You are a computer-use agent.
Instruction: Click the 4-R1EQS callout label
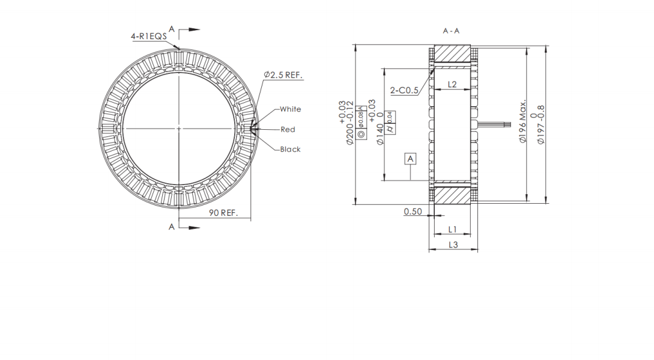pos(149,36)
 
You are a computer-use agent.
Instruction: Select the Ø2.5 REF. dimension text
pos(283,75)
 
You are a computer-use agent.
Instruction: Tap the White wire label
pos(290,109)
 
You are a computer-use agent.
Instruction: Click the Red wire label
pos(288,129)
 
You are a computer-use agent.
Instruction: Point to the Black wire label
pos(290,149)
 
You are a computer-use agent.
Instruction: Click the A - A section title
pos(451,31)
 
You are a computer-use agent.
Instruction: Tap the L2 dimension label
pos(452,85)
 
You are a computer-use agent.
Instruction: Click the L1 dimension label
pos(452,229)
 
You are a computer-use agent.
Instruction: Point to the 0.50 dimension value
pos(413,212)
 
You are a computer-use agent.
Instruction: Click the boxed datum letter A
pos(410,159)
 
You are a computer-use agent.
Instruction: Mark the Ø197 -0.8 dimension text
pos(541,124)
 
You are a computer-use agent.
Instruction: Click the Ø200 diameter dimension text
pos(347,123)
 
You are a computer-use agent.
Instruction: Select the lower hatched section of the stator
pos(452,195)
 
